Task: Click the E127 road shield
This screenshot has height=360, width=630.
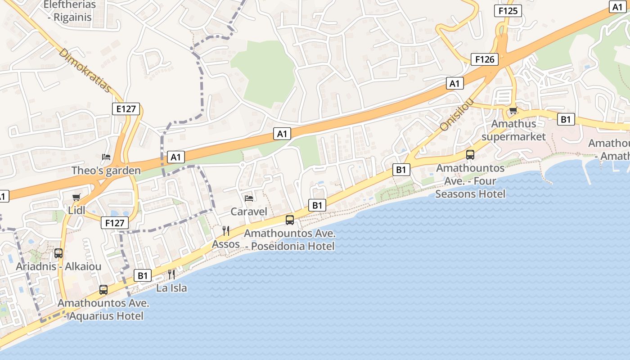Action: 126,108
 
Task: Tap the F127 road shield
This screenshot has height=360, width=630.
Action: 115,222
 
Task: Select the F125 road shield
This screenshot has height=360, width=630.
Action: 508,11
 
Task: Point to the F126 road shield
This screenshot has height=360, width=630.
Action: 485,59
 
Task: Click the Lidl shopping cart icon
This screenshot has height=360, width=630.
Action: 76,197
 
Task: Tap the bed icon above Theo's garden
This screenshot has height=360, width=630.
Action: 106,157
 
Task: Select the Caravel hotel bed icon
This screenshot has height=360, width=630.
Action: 248,198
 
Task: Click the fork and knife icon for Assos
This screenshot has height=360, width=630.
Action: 226,231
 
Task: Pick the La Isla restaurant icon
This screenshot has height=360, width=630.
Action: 171,274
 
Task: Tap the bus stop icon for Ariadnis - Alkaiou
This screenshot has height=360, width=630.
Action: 58,253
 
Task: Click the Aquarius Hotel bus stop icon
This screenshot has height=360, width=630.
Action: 103,289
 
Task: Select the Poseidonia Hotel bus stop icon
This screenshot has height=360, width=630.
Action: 290,220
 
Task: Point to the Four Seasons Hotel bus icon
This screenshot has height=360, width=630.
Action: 470,155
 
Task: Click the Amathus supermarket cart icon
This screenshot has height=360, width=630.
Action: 513,110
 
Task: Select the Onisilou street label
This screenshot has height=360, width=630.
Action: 456,115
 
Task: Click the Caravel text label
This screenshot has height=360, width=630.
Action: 249,211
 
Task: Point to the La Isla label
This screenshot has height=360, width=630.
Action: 171,288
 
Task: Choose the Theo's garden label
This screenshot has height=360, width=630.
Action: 106,171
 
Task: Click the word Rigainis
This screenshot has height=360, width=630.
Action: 72,18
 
